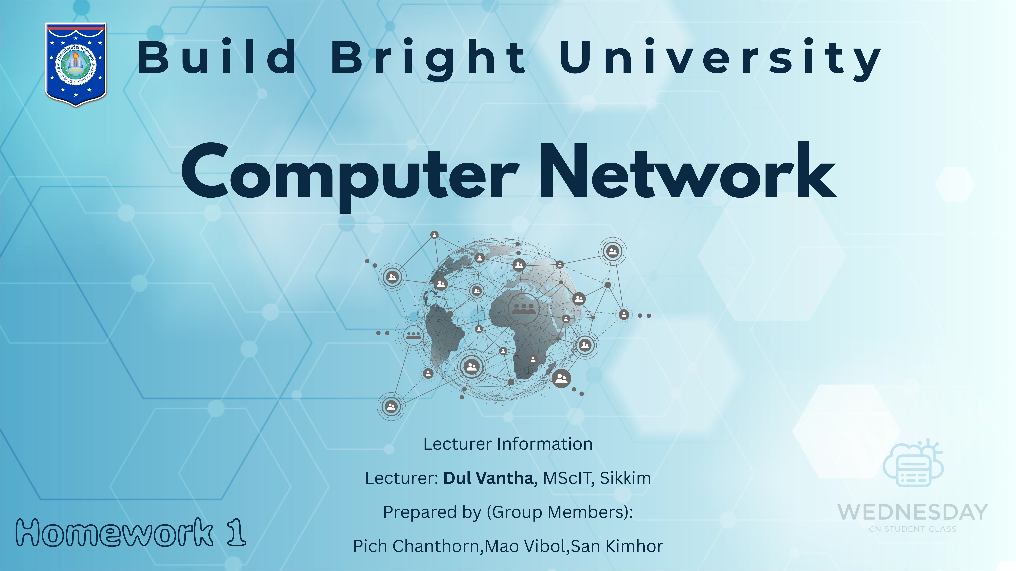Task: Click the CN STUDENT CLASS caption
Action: click(912, 529)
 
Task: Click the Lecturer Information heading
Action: click(508, 444)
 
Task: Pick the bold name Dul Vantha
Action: click(488, 478)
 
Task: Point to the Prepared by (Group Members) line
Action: click(508, 512)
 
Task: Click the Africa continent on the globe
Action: click(525, 331)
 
